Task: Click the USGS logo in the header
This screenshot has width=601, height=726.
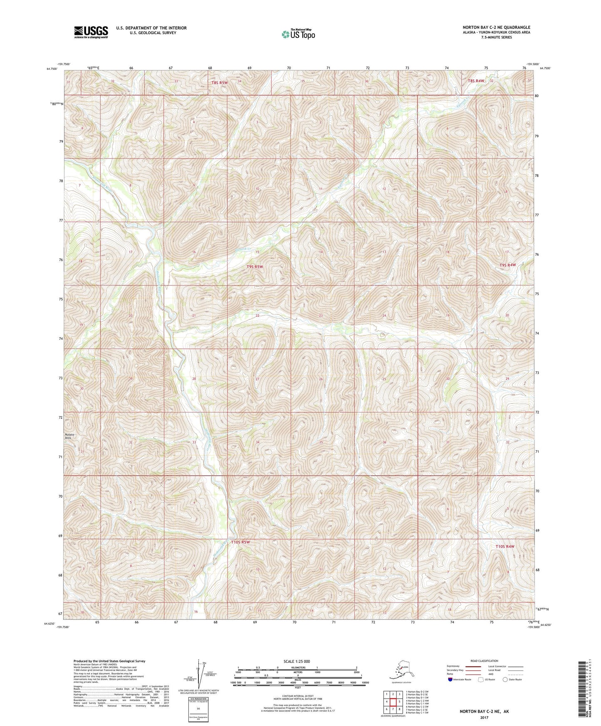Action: (x=91, y=32)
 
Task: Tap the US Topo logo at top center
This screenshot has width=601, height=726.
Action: (x=298, y=34)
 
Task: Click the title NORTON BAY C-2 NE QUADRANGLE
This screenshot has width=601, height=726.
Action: (x=496, y=27)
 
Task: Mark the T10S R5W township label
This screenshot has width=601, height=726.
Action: (x=240, y=542)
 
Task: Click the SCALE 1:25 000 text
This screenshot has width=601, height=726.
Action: (x=297, y=661)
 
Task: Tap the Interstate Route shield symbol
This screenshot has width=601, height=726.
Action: (x=450, y=679)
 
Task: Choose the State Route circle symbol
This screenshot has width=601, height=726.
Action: (x=505, y=679)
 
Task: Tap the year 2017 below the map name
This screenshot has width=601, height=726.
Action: (x=484, y=717)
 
